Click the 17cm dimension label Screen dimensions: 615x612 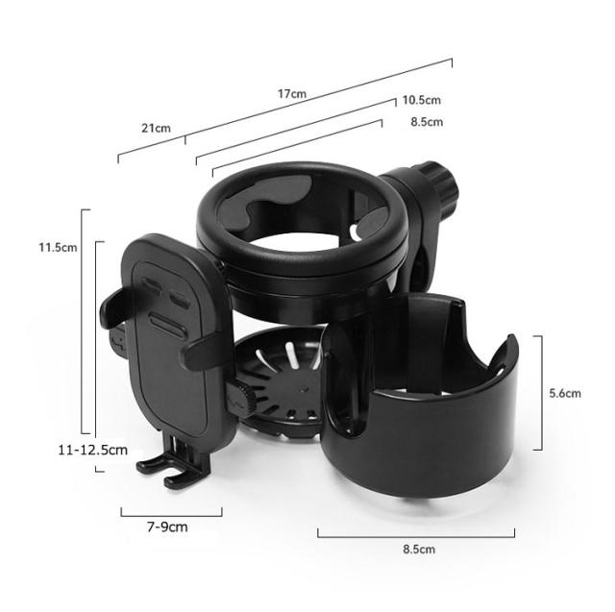[x=292, y=94]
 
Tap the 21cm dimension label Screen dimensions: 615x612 [x=156, y=128]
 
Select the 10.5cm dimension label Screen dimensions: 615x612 [x=421, y=100]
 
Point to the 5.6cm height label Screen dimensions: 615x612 [x=565, y=393]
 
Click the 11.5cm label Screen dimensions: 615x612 [x=58, y=247]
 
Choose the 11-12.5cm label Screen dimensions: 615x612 [x=93, y=450]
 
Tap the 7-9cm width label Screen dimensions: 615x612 [x=167, y=526]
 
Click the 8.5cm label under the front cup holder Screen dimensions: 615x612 [x=419, y=549]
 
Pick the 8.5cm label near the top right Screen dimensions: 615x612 [x=427, y=122]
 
